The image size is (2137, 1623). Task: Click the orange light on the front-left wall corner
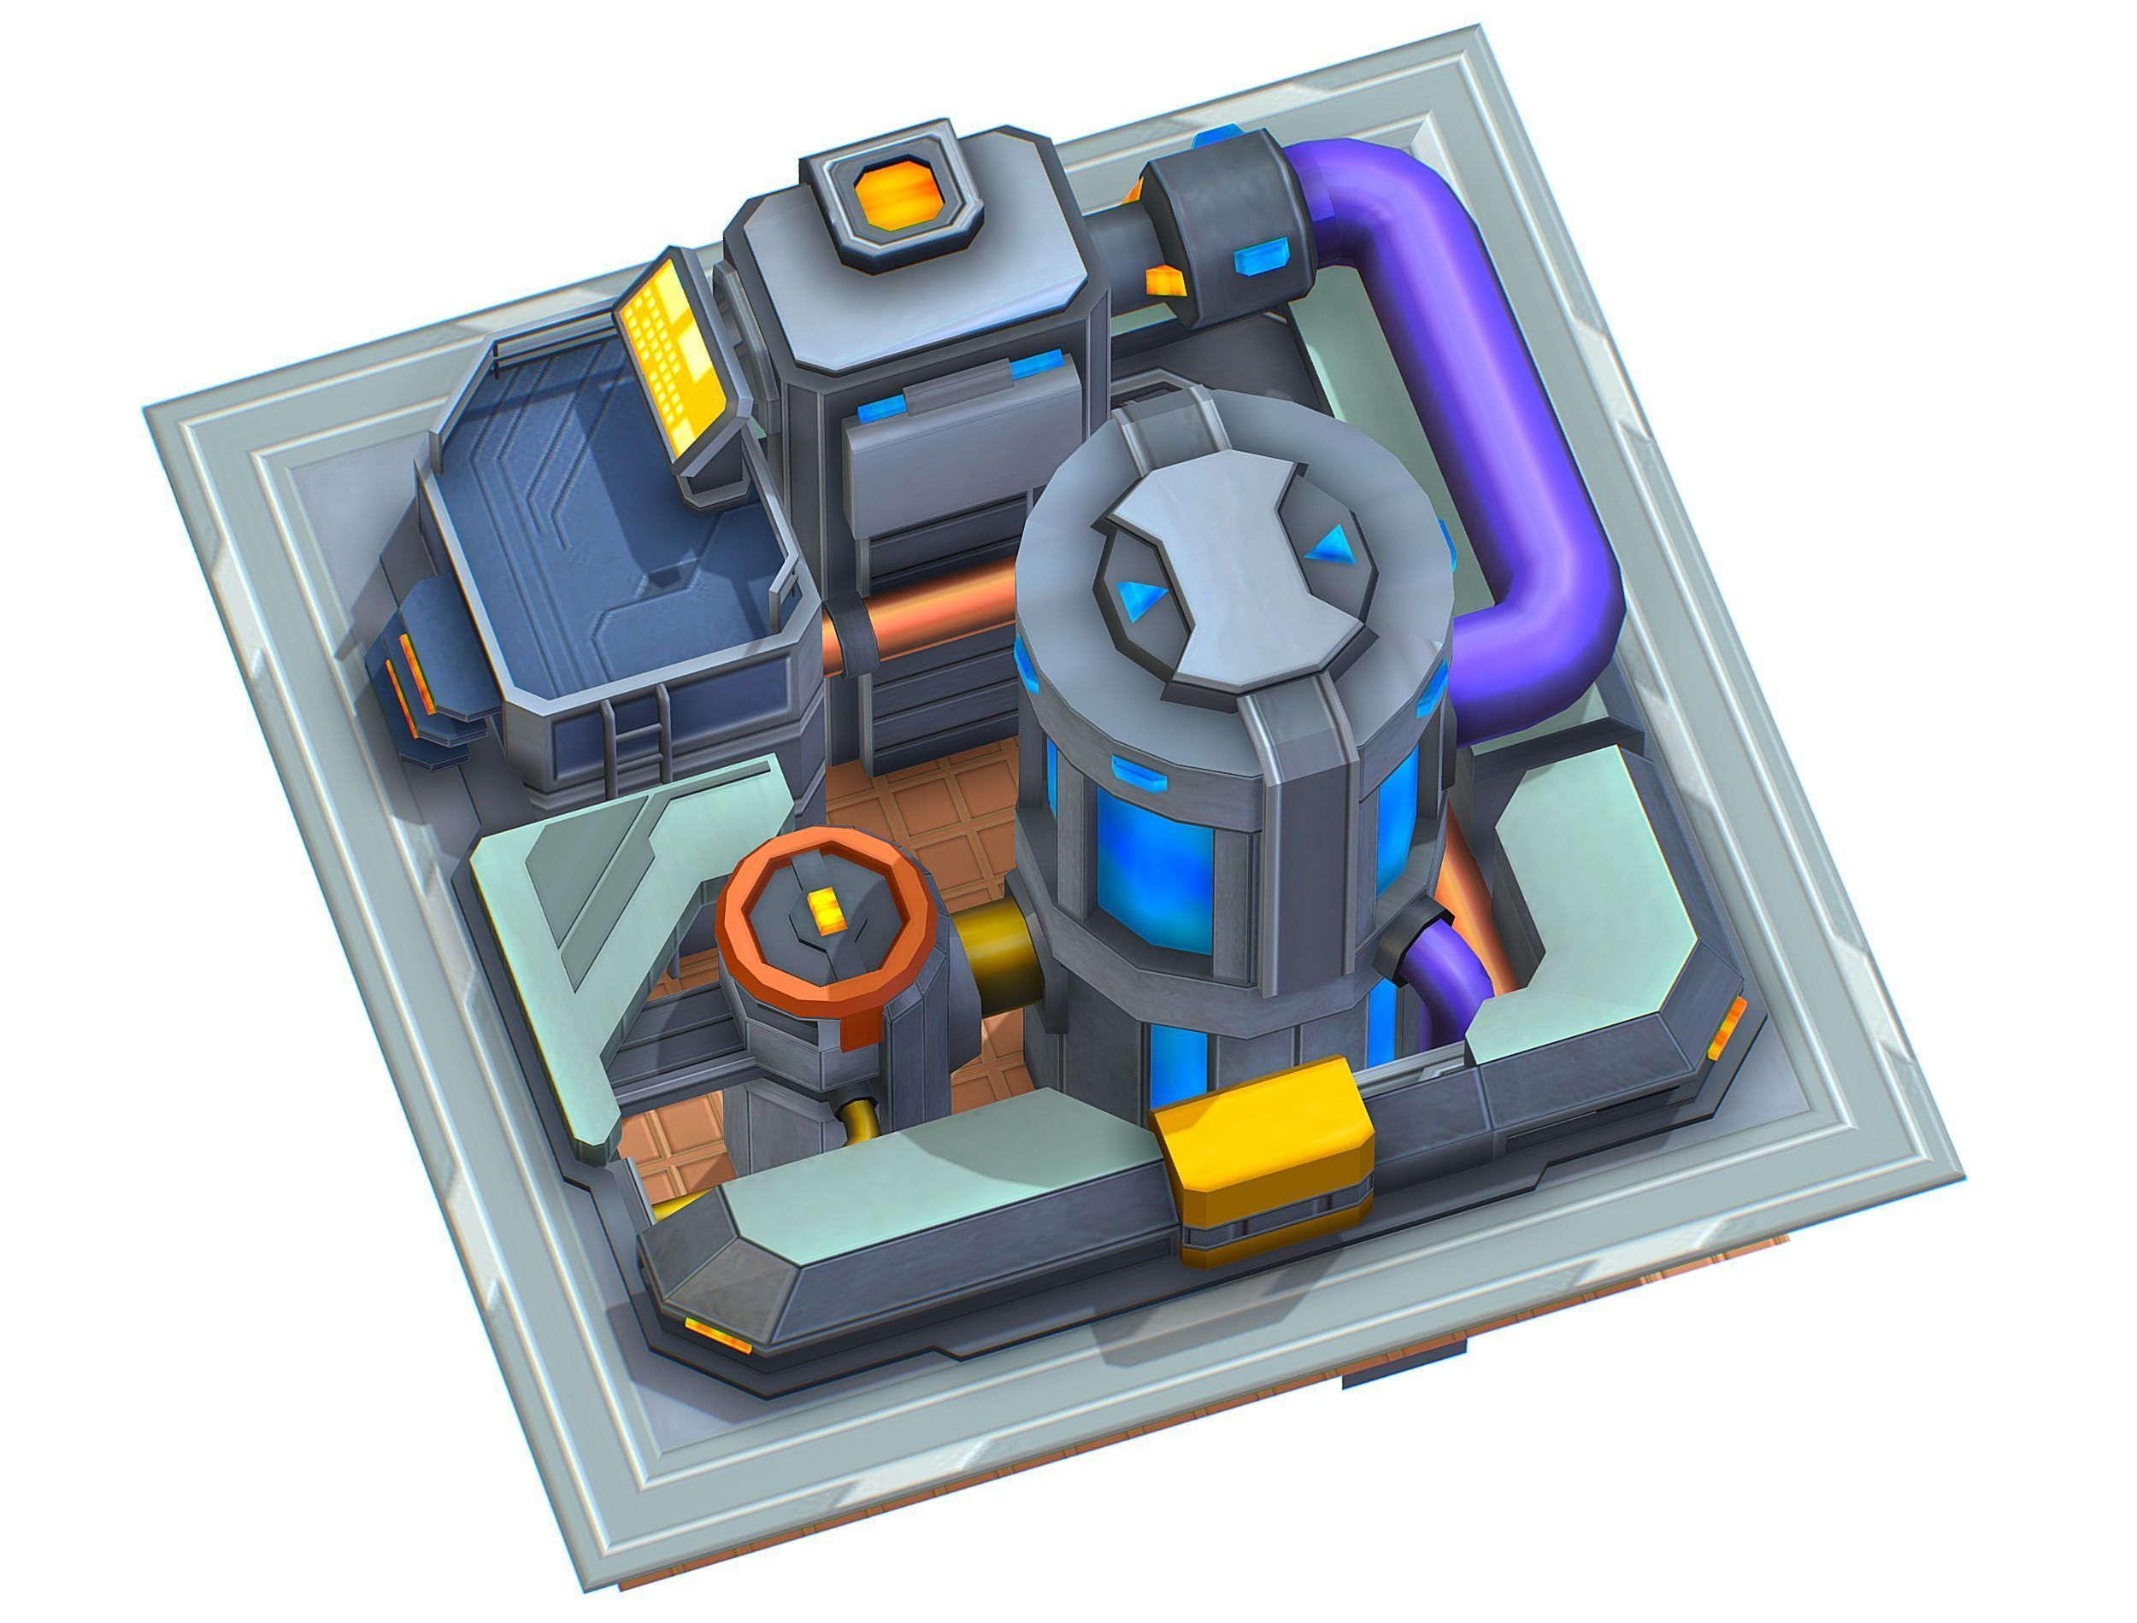pyautogui.click(x=717, y=1335)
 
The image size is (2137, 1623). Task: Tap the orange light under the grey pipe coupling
pyautogui.click(x=1165, y=282)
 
